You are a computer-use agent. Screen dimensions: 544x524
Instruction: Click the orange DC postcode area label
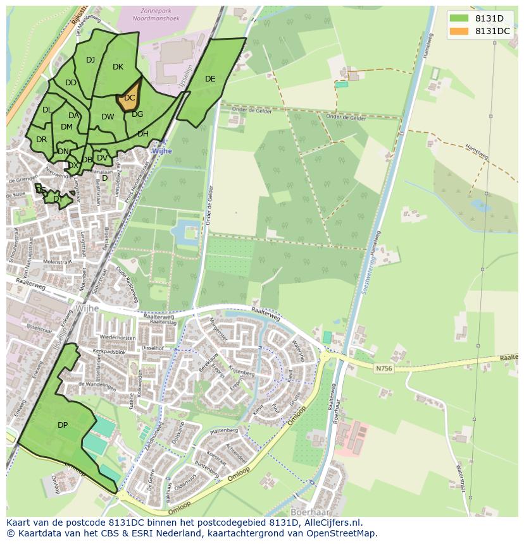tap(129, 98)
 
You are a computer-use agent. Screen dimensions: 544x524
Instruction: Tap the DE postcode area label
tap(210, 79)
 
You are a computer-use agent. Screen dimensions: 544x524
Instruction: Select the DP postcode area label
tap(63, 425)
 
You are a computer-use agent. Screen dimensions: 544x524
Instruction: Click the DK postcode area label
tap(118, 67)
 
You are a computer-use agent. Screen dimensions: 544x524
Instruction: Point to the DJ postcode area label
tap(90, 60)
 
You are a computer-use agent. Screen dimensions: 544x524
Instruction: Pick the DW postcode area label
tap(108, 117)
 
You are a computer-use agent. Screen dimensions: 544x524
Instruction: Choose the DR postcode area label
tap(41, 140)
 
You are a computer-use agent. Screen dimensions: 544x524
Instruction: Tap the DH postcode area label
tap(143, 134)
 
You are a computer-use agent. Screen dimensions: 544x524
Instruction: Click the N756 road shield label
tap(383, 368)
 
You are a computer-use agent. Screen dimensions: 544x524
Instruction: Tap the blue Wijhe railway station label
tap(161, 152)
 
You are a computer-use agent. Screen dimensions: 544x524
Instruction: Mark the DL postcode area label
tap(47, 110)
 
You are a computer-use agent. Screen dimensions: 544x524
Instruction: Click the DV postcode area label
tap(102, 158)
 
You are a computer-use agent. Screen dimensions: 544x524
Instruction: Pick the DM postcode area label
tap(66, 127)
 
